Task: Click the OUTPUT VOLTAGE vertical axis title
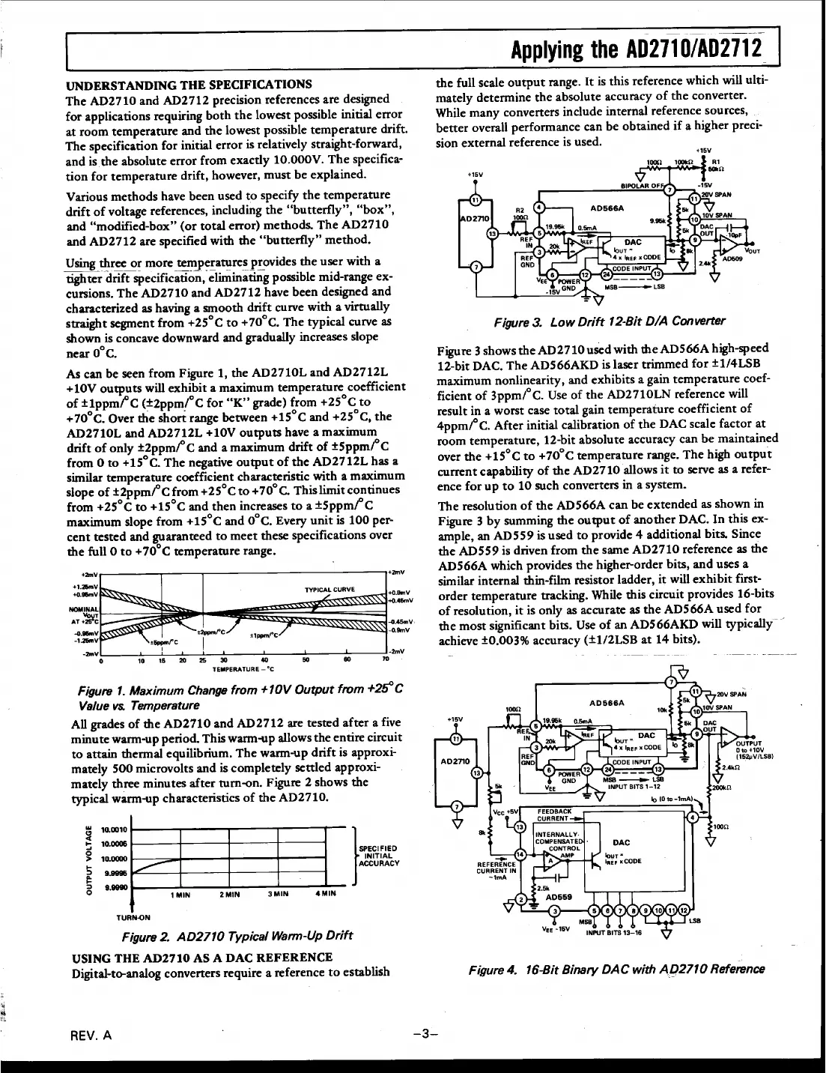(x=88, y=859)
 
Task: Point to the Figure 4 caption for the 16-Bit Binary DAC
(x=616, y=969)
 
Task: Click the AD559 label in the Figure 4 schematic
(x=559, y=895)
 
